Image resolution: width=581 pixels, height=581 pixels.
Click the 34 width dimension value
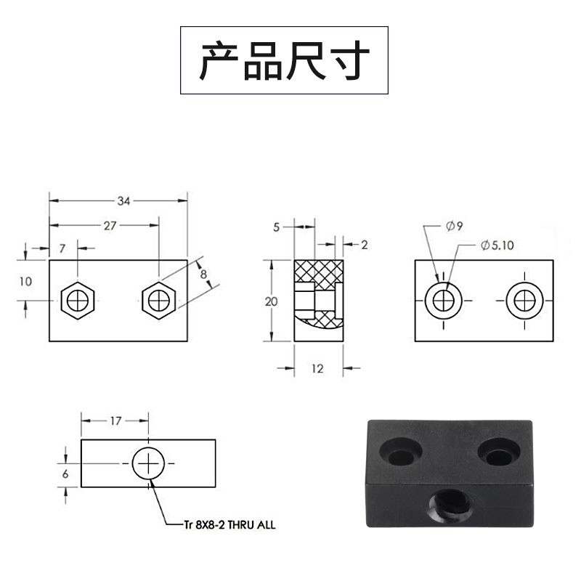coord(124,202)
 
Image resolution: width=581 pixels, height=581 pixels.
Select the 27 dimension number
coord(110,225)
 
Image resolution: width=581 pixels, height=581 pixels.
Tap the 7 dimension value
coord(62,248)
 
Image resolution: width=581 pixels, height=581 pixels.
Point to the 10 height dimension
coord(26,281)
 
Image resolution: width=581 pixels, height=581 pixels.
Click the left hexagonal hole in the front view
coord(78,299)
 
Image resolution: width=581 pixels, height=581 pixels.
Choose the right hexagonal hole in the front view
coord(158,299)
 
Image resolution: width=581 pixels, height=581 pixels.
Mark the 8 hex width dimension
coord(203,274)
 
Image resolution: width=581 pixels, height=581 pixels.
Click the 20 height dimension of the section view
coord(272,301)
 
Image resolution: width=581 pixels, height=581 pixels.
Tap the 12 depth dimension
coord(317,369)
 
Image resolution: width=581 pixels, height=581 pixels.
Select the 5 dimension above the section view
coord(277,227)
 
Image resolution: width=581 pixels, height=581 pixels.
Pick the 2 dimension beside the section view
coord(364,245)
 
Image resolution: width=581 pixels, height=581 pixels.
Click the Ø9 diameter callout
coord(455,226)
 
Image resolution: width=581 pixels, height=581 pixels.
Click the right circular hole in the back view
coord(523,300)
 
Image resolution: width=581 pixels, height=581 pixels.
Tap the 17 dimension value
coord(115,420)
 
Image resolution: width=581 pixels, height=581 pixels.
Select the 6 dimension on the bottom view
coord(65,473)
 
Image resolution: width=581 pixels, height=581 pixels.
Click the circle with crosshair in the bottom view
coord(149,463)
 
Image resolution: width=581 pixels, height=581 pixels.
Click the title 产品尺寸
coord(284,60)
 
